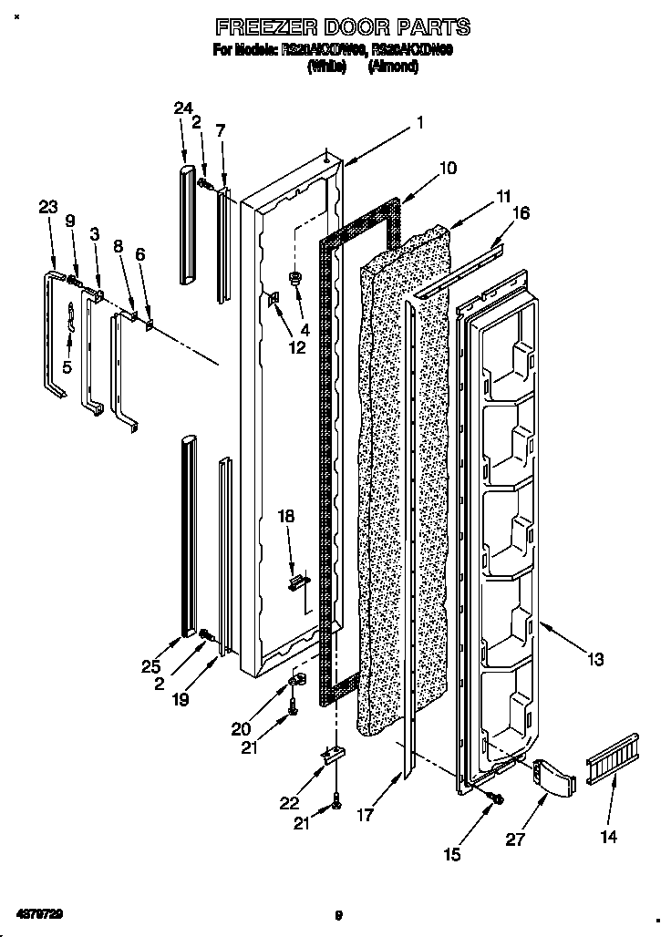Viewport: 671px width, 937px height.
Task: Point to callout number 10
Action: [447, 168]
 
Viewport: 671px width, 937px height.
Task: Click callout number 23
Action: [47, 208]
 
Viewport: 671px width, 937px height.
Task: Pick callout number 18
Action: [286, 516]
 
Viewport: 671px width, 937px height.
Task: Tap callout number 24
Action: [183, 108]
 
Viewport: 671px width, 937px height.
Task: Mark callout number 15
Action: [452, 854]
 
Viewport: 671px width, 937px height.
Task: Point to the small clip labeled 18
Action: [296, 581]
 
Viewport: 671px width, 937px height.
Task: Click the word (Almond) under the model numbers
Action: [393, 67]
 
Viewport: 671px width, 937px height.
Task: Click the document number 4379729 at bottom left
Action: [38, 912]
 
